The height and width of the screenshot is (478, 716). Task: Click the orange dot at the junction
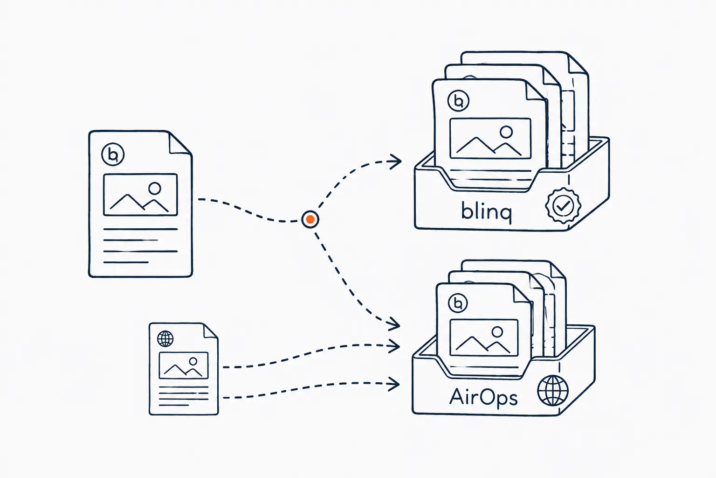click(x=310, y=219)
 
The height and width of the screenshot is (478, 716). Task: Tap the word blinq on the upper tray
click(x=487, y=211)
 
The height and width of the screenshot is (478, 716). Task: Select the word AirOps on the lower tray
click(x=483, y=398)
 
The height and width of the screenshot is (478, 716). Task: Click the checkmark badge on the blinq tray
click(x=563, y=205)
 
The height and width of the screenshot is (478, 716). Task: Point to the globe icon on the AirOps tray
click(x=553, y=391)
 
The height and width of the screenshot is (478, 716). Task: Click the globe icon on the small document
click(x=165, y=338)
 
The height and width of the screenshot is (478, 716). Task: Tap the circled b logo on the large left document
click(x=113, y=155)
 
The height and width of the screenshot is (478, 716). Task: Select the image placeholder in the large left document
click(x=140, y=195)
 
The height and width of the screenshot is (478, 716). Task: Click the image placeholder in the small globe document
click(x=184, y=366)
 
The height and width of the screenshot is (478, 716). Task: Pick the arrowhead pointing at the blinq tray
click(x=396, y=162)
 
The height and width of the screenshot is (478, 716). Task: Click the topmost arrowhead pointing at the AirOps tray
click(x=394, y=323)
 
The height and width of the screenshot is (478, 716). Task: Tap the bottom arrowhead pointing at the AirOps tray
click(x=394, y=384)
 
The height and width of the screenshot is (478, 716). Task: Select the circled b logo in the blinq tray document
click(x=458, y=101)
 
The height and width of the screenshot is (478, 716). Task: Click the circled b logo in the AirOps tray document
click(x=458, y=303)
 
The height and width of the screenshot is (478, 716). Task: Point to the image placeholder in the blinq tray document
click(x=490, y=138)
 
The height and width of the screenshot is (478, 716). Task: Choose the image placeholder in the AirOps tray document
click(x=483, y=337)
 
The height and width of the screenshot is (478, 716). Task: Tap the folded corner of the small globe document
click(x=210, y=331)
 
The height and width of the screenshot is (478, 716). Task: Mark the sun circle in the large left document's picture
click(x=155, y=189)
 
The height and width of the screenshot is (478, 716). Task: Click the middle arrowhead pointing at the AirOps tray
click(x=394, y=346)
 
